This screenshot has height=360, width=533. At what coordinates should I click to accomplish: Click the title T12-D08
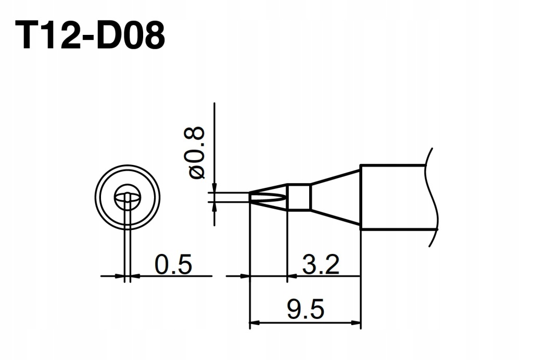point(90,35)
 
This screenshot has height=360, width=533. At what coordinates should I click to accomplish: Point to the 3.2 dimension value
point(321,264)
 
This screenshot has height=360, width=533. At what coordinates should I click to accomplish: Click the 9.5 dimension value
point(306,309)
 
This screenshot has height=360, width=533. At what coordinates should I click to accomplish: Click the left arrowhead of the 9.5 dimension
point(254,322)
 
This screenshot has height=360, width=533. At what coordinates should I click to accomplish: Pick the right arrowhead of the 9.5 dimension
point(356,322)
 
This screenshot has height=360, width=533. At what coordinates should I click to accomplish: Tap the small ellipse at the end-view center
point(127,197)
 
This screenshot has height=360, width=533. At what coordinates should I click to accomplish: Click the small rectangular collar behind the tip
point(299,197)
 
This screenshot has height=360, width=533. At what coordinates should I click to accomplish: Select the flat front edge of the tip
point(250,198)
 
